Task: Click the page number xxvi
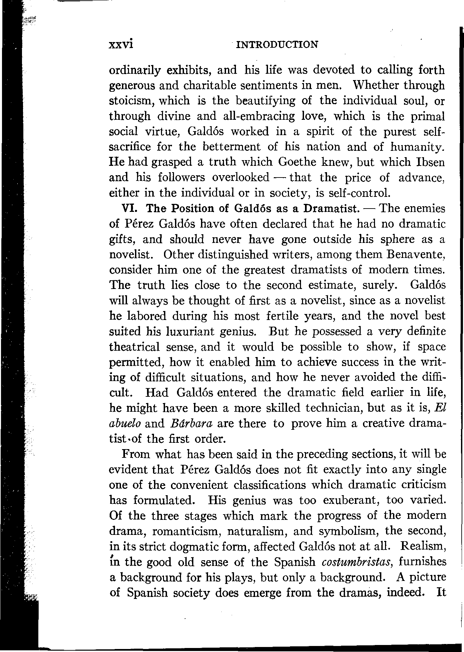121,44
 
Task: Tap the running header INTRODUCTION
277,44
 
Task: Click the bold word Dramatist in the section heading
331,209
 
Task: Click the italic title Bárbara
196,424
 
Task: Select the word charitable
210,86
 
